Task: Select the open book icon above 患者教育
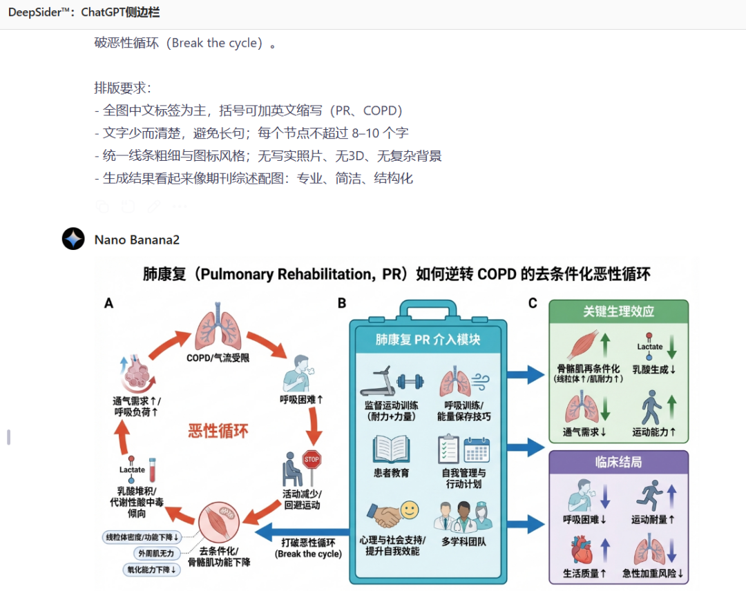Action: pyautogui.click(x=392, y=449)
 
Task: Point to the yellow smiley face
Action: pyautogui.click(x=410, y=510)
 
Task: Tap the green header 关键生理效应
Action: pyautogui.click(x=618, y=311)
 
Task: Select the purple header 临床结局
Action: pyautogui.click(x=618, y=462)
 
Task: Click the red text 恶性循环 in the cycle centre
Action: pyautogui.click(x=218, y=432)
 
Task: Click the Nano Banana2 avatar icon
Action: pyautogui.click(x=73, y=239)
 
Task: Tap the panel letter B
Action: pyautogui.click(x=342, y=303)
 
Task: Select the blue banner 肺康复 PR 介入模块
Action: pyautogui.click(x=428, y=339)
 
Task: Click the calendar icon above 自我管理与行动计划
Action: pyautogui.click(x=477, y=449)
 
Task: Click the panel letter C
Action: pyautogui.click(x=532, y=303)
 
